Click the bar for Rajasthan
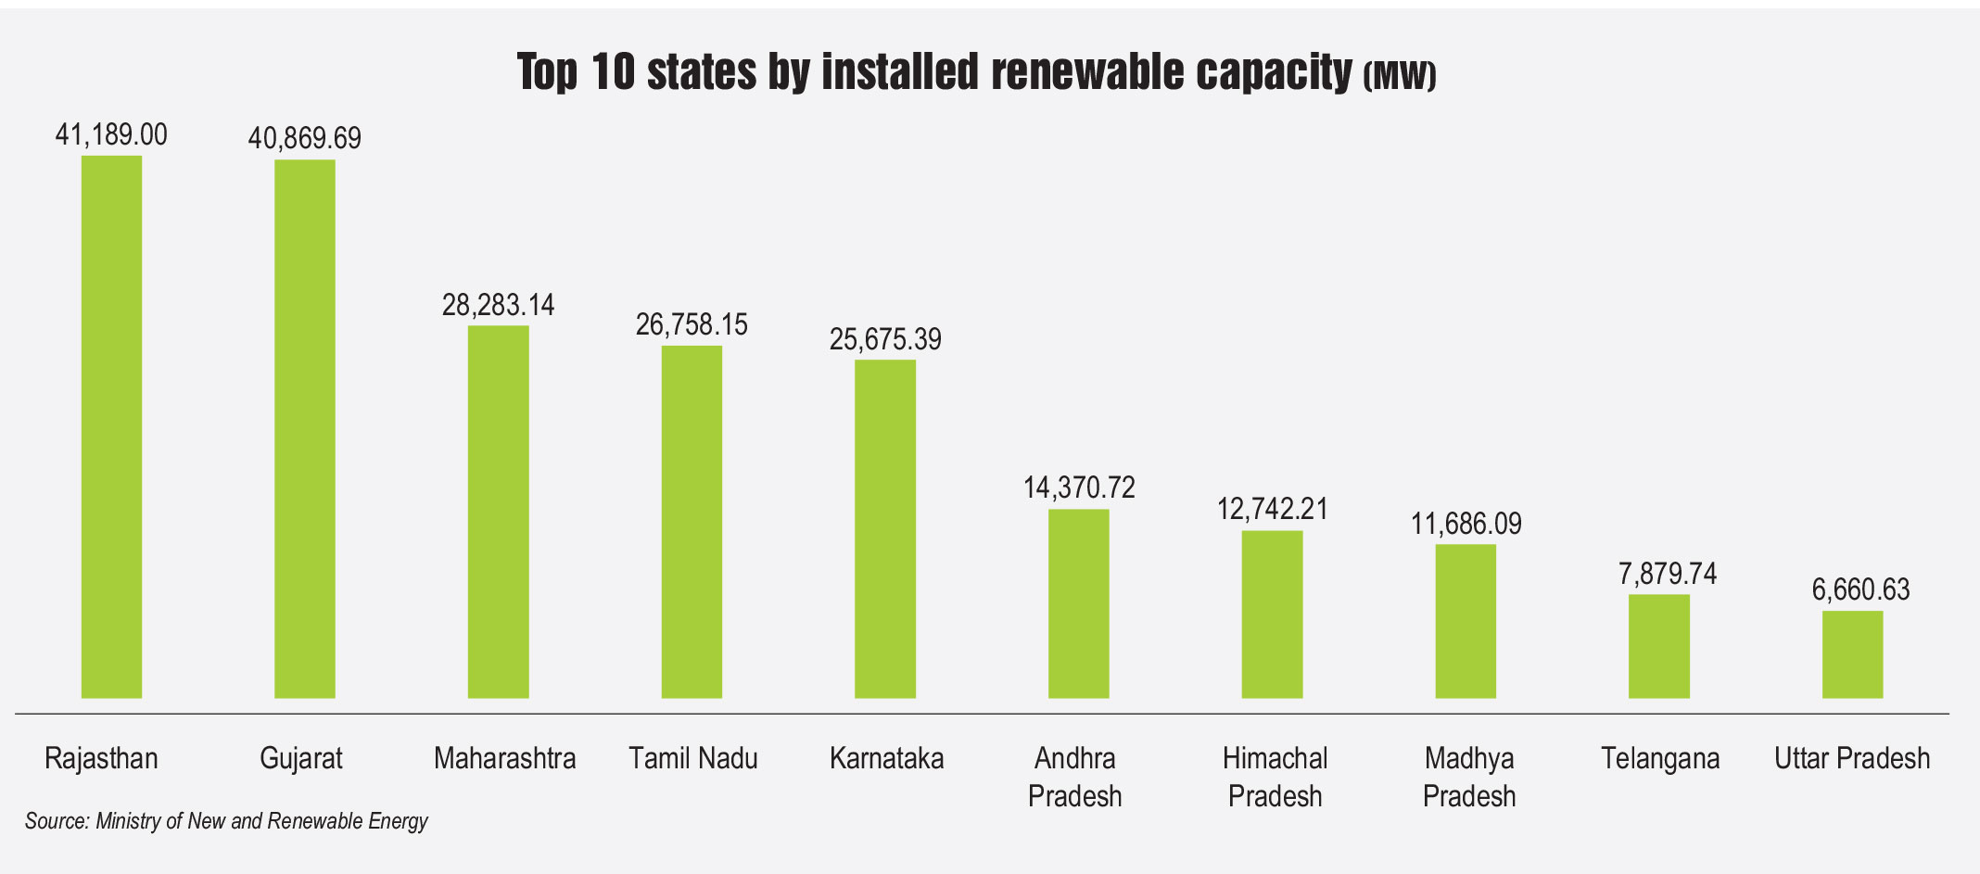(111, 426)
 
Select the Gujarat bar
(305, 428)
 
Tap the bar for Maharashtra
(499, 512)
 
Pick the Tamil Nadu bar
(692, 522)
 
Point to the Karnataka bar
(885, 528)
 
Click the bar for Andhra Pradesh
(1079, 603)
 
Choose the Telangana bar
(1659, 646)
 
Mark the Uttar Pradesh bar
(1853, 654)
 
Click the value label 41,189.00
(111, 135)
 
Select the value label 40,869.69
(305, 139)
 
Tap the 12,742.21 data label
(1273, 509)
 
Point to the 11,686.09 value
(1466, 525)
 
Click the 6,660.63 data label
(1861, 590)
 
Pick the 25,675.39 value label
(885, 340)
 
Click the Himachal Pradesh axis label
(1275, 777)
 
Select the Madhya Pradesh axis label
(1469, 777)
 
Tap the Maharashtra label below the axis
(505, 759)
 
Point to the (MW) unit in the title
(1400, 75)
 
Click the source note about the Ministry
(226, 821)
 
